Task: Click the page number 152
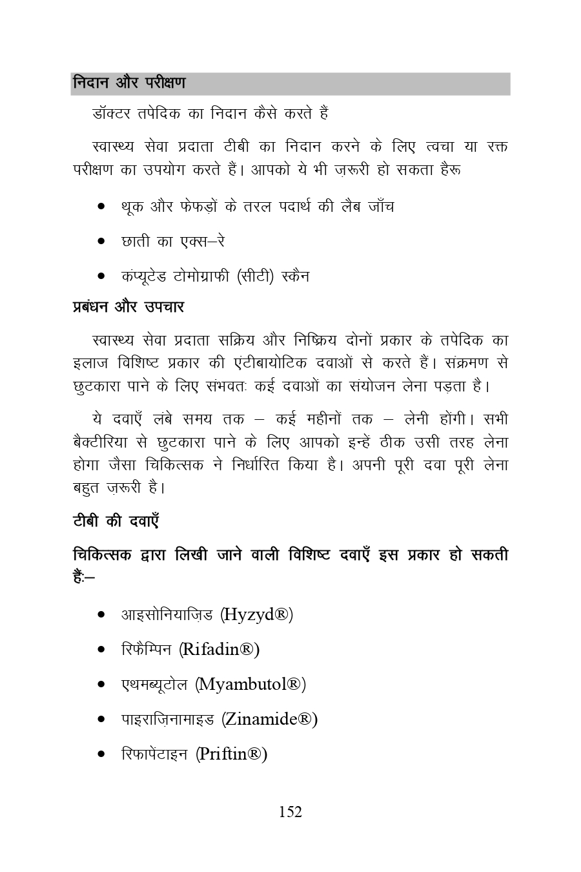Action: pyautogui.click(x=290, y=812)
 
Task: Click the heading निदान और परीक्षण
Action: pyautogui.click(x=129, y=83)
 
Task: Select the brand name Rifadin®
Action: pyautogui.click(x=219, y=649)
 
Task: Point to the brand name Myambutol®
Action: pyautogui.click(x=250, y=683)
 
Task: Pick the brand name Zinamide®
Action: pyautogui.click(x=270, y=718)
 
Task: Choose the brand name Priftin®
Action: pyautogui.click(x=232, y=753)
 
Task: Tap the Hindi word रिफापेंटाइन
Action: pyautogui.click(x=154, y=753)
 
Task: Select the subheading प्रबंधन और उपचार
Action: pyautogui.click(x=128, y=307)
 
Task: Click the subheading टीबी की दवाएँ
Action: pyautogui.click(x=116, y=521)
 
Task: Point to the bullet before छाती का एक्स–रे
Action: pyautogui.click(x=101, y=242)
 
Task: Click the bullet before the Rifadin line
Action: pyautogui.click(x=101, y=649)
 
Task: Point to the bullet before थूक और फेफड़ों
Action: pyautogui.click(x=101, y=207)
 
